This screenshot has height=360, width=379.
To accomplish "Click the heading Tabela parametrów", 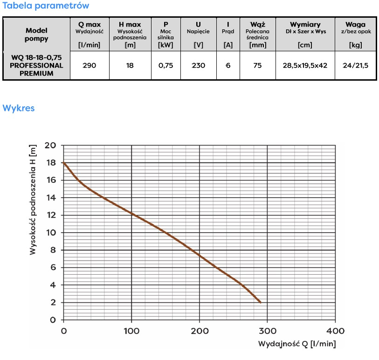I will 45,6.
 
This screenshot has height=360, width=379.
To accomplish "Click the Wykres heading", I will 19,108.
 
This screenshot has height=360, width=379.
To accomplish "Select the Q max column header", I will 89,24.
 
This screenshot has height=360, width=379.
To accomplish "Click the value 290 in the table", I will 89,66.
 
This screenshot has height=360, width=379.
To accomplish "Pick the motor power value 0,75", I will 165,66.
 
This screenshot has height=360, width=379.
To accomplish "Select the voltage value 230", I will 198,66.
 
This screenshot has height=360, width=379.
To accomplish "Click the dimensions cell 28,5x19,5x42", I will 305,66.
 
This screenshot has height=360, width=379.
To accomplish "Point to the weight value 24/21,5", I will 355,66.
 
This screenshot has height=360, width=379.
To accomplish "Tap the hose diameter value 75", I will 257,66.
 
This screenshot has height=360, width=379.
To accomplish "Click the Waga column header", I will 355,24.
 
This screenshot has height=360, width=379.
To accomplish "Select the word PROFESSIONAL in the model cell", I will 36,66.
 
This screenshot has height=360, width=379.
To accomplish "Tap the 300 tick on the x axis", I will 267,331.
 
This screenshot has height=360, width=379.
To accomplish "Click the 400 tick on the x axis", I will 335,331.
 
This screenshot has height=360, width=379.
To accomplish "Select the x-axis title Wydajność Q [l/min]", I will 297,344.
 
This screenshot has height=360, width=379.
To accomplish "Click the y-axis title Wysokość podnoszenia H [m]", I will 33,199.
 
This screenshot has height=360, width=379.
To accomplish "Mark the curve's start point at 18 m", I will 64,163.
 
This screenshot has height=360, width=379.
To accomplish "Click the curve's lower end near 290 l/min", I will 260,302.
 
